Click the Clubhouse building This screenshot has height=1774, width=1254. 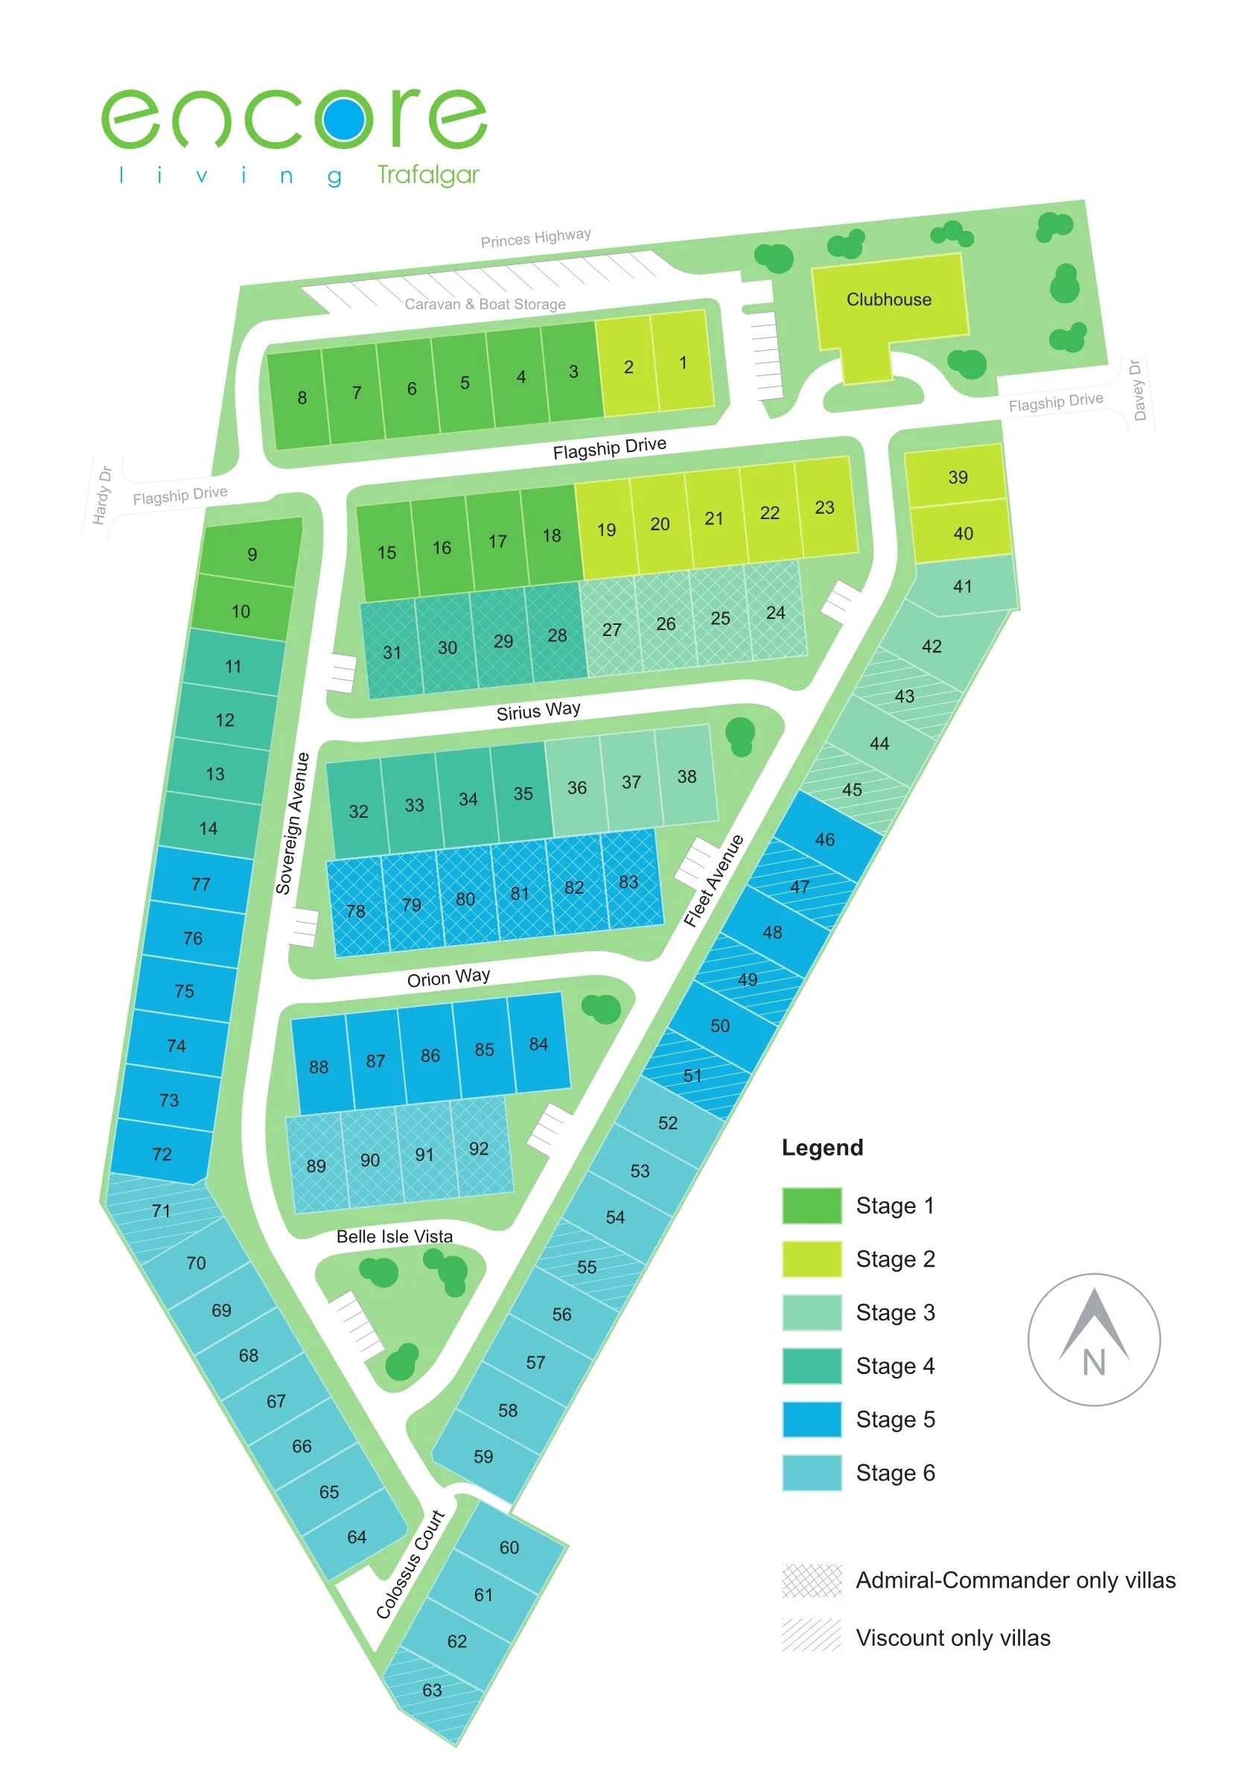point(888,300)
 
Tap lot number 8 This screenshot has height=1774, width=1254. point(302,398)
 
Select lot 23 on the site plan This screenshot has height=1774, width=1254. point(824,508)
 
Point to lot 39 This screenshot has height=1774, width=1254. point(958,477)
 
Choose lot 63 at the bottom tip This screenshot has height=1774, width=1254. point(432,1690)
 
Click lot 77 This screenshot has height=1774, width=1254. point(201,884)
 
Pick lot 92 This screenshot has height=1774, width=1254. point(479,1149)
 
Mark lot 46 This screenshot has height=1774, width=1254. point(824,839)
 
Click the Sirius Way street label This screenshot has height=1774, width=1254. point(538,710)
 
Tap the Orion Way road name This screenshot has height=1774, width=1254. point(448,977)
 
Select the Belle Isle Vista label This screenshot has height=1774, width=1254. point(394,1236)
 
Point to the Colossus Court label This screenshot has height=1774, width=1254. point(410,1564)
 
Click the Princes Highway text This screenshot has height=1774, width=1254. point(535,237)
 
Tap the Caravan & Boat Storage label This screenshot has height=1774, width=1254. point(486,305)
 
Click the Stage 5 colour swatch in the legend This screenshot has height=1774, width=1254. point(811,1419)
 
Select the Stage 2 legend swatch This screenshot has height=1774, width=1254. point(811,1259)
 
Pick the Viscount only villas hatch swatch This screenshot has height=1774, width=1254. point(811,1635)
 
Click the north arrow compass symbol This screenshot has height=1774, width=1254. point(1093,1339)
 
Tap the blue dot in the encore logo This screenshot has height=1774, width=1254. point(344,118)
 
